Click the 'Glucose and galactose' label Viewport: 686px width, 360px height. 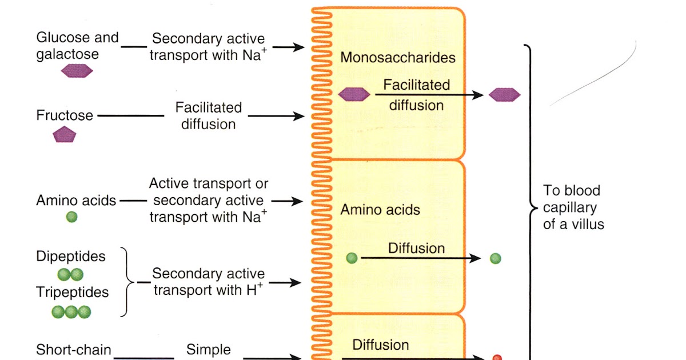(77, 46)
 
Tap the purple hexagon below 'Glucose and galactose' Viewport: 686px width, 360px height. (77, 71)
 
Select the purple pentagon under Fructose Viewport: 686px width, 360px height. (65, 135)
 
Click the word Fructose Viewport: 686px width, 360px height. (65, 115)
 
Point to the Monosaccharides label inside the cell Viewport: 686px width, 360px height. (398, 58)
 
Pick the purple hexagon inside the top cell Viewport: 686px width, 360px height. (354, 95)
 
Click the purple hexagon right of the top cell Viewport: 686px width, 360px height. (504, 95)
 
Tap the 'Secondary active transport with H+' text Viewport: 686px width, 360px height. (208, 282)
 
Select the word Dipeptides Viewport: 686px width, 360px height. (71, 256)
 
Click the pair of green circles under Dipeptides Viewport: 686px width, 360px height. (70, 274)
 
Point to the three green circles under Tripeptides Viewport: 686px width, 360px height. (71, 311)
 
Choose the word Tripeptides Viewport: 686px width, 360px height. (72, 293)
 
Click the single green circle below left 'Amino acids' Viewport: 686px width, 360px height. (71, 217)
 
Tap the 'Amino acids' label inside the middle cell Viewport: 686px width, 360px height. (380, 210)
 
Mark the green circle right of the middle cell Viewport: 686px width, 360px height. (496, 258)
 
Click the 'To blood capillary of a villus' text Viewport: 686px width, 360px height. (573, 207)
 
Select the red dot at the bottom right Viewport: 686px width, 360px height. (497, 357)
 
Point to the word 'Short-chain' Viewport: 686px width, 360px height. (74, 350)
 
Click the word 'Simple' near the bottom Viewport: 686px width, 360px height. (209, 350)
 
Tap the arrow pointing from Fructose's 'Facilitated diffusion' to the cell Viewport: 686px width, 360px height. (277, 116)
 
